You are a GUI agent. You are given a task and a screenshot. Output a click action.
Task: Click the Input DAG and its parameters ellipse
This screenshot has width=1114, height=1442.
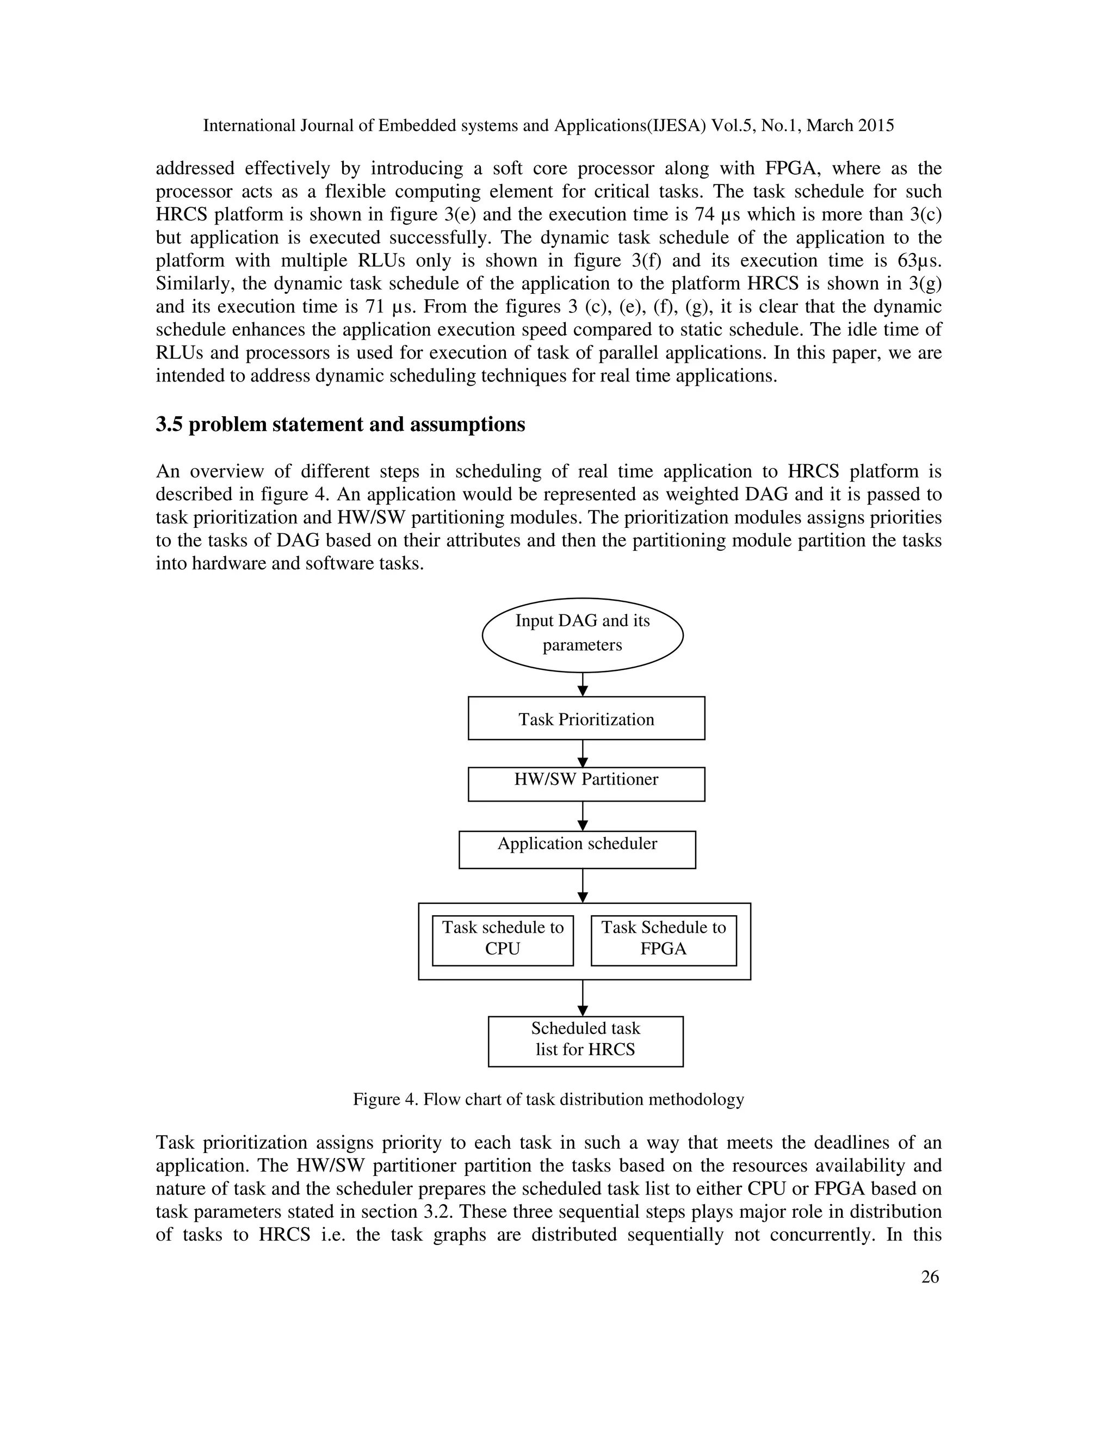pyautogui.click(x=582, y=634)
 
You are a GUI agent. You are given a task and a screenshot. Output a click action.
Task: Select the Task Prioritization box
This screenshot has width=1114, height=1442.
pyautogui.click(x=586, y=718)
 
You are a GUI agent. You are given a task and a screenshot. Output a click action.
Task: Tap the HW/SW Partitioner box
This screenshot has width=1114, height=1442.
pyautogui.click(x=586, y=784)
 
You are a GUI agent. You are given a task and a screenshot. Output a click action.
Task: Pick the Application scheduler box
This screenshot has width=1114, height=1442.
pyautogui.click(x=577, y=849)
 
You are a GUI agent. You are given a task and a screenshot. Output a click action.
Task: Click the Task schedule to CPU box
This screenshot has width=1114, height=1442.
pyautogui.click(x=502, y=940)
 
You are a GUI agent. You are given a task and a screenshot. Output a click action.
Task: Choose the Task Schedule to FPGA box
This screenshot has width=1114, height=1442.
pyautogui.click(x=663, y=940)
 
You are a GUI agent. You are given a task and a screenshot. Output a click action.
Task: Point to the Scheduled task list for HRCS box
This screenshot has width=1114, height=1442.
pyautogui.click(x=585, y=1041)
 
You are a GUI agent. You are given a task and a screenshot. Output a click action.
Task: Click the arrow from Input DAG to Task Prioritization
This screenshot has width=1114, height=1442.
pyautogui.click(x=583, y=685)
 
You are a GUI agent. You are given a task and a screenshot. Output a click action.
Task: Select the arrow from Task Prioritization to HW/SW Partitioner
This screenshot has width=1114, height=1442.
pyautogui.click(x=583, y=753)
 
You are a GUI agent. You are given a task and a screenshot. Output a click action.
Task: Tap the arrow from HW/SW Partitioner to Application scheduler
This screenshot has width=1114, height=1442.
pyautogui.click(x=583, y=816)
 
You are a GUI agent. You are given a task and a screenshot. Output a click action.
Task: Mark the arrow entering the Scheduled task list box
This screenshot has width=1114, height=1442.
pyautogui.click(x=583, y=997)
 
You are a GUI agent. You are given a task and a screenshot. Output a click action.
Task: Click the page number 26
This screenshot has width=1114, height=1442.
pyautogui.click(x=929, y=1277)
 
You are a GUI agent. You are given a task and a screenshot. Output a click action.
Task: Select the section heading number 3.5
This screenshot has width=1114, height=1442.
pyautogui.click(x=169, y=424)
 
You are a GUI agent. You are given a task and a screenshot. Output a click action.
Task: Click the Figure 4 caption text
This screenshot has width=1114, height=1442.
pyautogui.click(x=548, y=1099)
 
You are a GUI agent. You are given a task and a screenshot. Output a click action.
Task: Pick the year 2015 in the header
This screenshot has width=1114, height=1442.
pyautogui.click(x=876, y=126)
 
